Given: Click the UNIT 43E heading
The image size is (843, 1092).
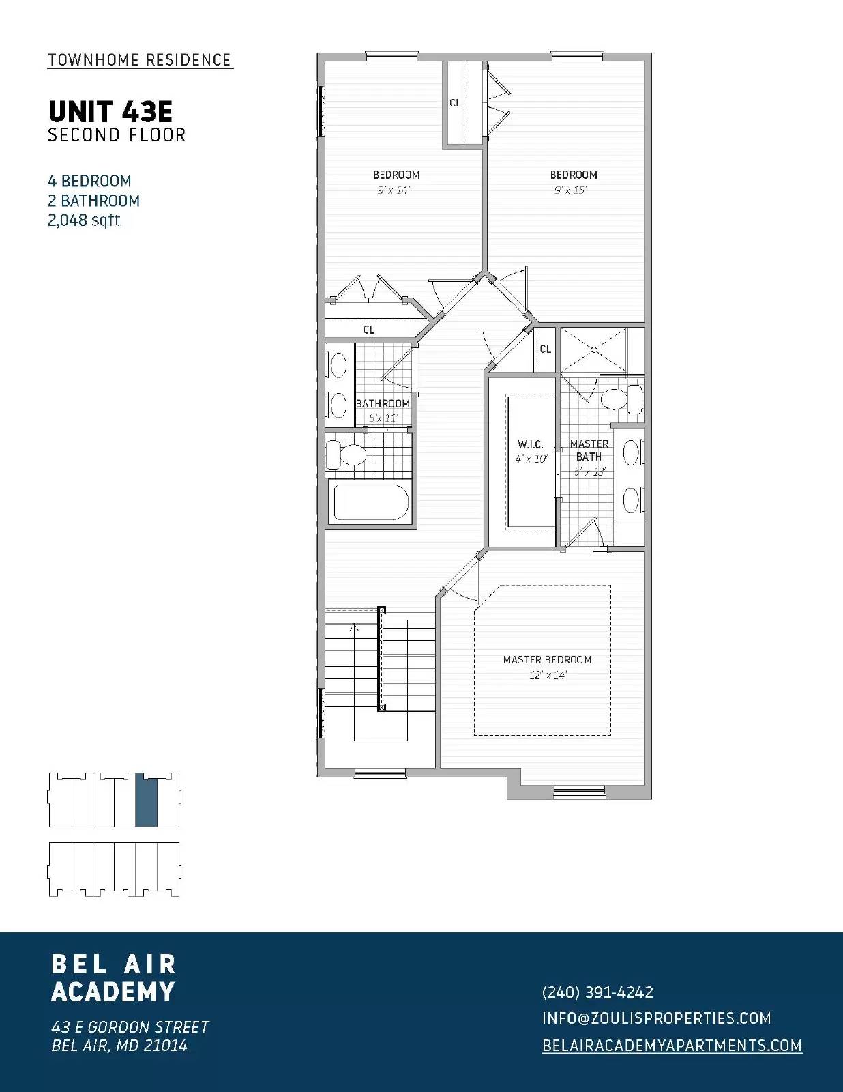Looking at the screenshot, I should click(110, 111).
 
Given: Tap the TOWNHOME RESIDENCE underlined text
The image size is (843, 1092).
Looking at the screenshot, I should click(140, 60).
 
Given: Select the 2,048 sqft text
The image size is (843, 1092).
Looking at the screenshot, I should click(84, 220).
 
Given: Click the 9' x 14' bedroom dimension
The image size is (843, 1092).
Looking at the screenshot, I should click(394, 190).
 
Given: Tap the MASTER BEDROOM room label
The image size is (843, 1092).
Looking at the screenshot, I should click(547, 659).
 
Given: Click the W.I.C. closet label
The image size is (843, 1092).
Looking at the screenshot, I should click(530, 444).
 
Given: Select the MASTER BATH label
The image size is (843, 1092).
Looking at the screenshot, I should click(589, 450).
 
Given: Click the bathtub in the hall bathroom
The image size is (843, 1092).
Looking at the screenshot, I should click(370, 502).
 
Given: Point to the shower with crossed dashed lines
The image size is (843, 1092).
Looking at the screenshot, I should click(593, 349).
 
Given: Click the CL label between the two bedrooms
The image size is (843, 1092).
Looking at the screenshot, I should click(455, 103).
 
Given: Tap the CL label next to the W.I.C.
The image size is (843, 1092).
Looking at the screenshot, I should click(545, 349).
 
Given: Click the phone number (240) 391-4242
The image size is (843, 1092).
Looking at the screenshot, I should click(597, 992).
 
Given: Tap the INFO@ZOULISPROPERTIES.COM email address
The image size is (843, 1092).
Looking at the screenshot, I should click(656, 1018).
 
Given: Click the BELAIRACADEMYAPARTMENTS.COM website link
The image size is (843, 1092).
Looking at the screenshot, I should click(672, 1046).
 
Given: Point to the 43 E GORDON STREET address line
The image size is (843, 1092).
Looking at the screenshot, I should click(130, 1027).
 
